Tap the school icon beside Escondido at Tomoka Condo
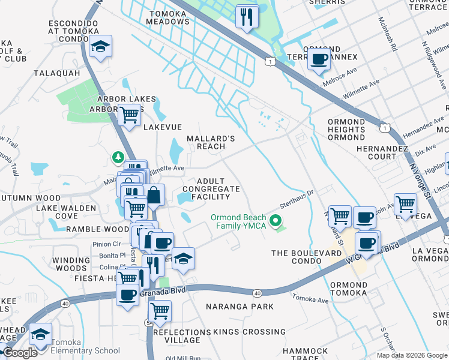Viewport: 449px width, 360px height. [100, 47]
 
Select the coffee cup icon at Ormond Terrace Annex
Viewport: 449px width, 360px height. [319, 59]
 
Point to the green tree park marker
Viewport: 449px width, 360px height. [118, 157]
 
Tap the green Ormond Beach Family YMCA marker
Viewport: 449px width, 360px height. [276, 221]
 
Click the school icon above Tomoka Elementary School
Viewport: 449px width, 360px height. [40, 334]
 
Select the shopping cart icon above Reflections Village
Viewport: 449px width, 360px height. [160, 311]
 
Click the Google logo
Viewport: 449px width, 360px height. [20, 353]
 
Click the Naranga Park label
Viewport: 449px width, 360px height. [240, 307]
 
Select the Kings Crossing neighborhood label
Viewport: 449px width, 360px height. [241, 332]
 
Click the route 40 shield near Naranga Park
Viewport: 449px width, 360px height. [257, 293]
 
